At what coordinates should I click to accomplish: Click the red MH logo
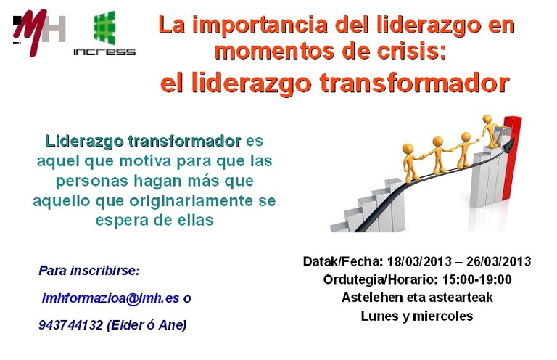click(x=38, y=32)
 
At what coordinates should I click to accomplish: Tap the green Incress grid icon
click(x=104, y=28)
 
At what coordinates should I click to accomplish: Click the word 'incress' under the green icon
click(x=104, y=52)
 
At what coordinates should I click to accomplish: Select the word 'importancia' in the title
click(x=260, y=25)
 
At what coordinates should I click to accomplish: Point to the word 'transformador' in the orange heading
click(x=415, y=83)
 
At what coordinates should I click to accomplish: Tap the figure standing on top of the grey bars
click(x=491, y=131)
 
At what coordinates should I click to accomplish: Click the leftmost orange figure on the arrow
click(x=410, y=163)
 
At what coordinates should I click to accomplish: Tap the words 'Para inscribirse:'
click(x=89, y=271)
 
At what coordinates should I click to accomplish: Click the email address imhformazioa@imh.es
click(x=110, y=298)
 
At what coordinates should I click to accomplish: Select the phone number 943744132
click(x=70, y=325)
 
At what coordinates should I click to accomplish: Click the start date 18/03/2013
click(x=419, y=261)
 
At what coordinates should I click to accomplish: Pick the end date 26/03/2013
click(x=498, y=261)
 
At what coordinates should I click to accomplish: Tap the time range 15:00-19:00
click(x=476, y=279)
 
